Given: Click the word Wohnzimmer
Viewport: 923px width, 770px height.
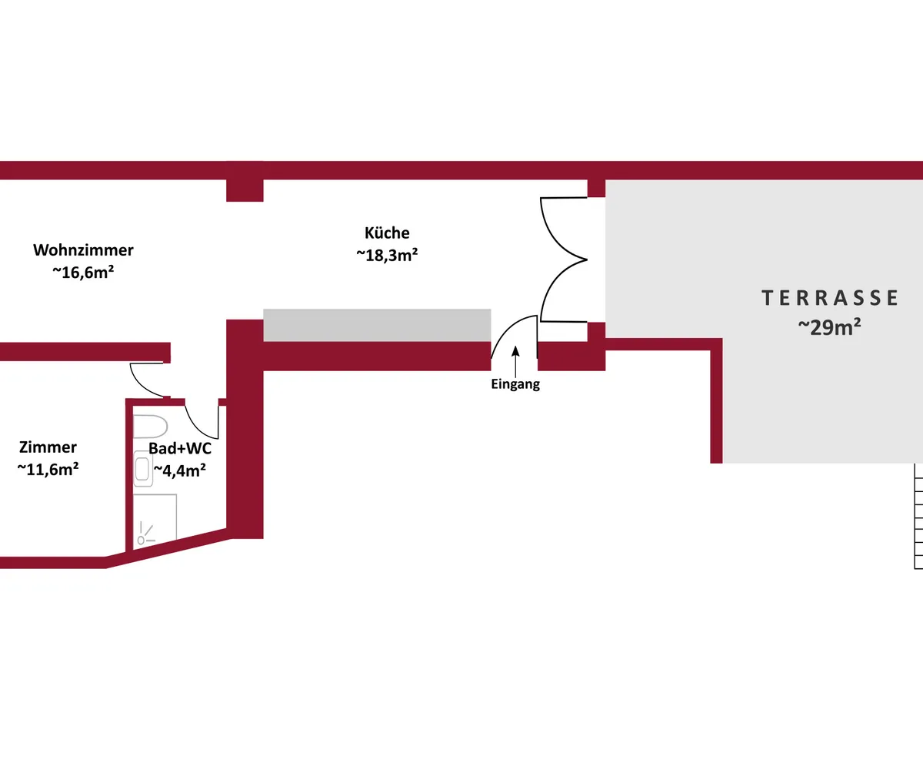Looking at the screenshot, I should (83, 250).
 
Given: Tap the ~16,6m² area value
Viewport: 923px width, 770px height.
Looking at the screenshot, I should (83, 272).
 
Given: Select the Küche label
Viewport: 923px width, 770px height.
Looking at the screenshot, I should (387, 233).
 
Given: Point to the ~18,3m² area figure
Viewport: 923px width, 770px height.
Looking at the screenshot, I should (387, 255).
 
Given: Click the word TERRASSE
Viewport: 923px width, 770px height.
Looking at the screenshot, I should (830, 298).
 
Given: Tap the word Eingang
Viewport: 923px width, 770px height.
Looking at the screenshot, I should (515, 385).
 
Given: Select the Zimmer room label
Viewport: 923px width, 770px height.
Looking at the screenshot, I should (48, 447).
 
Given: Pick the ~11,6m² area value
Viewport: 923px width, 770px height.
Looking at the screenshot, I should (48, 469).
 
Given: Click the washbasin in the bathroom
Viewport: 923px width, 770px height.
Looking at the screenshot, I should (143, 470).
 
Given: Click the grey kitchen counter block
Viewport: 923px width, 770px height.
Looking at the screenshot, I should (377, 325).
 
